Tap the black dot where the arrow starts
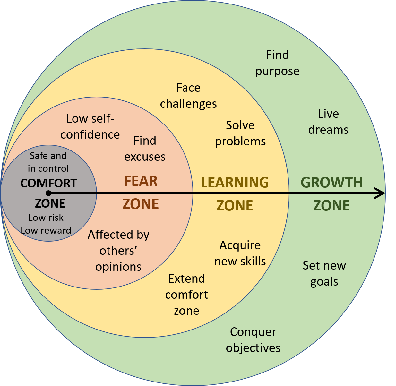coord(48,193)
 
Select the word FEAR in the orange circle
coord(141,181)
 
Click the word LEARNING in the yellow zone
coord(235,182)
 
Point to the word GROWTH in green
coord(331,183)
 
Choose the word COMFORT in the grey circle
coord(49,183)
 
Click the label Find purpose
coord(278,63)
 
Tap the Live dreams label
coord(328,122)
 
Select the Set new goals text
coord(324,273)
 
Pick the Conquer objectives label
coord(253,340)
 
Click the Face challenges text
coord(188,96)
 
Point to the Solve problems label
coord(240,133)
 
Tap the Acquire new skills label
coord(240,253)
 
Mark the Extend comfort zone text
coord(186,295)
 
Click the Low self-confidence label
coord(90,126)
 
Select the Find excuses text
coord(145,149)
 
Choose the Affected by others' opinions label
coord(118,251)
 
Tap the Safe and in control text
coord(48,162)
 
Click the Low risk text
coord(46,218)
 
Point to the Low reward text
coord(46,230)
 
